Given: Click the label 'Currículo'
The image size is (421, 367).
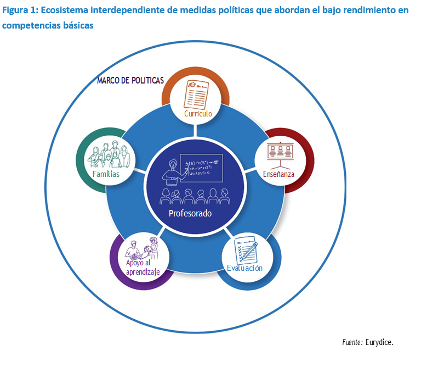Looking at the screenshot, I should click(198, 114).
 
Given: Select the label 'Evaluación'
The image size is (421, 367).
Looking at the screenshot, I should click(244, 268).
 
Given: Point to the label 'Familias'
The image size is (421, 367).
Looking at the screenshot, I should click(106, 174).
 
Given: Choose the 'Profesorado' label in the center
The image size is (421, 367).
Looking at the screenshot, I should click(190, 213).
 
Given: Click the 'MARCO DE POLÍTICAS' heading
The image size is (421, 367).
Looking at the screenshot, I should click(130, 80).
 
